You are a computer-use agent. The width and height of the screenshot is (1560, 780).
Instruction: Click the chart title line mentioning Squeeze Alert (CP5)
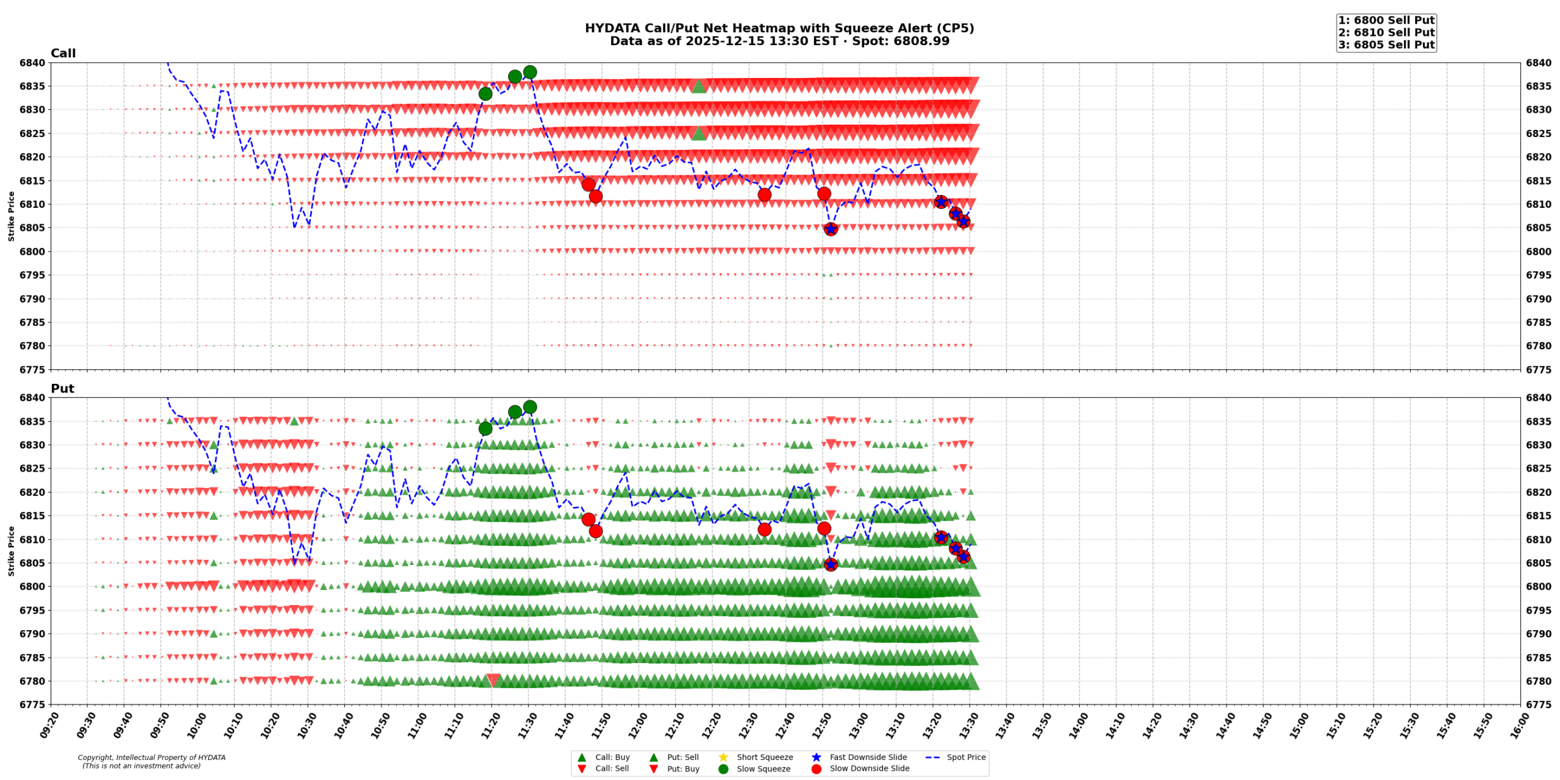click(x=779, y=28)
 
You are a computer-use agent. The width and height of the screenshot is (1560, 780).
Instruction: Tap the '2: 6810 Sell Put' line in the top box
click(x=1386, y=32)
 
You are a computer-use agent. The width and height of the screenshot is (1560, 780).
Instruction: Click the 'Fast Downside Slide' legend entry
click(x=868, y=757)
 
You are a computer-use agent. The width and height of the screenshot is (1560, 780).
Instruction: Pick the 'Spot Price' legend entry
click(x=965, y=757)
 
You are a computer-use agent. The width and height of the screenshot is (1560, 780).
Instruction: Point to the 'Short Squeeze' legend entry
click(x=764, y=757)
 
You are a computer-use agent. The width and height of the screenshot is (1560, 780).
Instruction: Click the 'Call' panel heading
click(x=63, y=53)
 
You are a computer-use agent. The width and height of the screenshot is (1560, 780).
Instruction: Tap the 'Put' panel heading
click(x=62, y=388)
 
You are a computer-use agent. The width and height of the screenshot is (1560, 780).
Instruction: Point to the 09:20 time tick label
click(x=48, y=725)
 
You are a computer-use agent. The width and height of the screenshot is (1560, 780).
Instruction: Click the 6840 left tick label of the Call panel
click(x=32, y=63)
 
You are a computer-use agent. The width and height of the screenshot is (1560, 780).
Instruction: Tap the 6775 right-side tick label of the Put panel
click(x=1538, y=704)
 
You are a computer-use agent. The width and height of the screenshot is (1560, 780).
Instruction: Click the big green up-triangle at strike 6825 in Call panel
click(x=699, y=133)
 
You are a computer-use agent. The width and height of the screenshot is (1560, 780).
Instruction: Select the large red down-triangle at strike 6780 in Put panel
click(x=493, y=680)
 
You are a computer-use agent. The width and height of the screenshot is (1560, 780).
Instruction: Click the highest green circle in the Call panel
click(x=530, y=72)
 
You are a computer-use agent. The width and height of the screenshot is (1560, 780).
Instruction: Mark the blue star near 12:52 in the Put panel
click(x=831, y=564)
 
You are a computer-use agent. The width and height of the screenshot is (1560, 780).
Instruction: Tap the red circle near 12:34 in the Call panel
click(x=764, y=194)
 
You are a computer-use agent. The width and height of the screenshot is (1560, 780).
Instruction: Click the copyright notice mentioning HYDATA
click(x=151, y=761)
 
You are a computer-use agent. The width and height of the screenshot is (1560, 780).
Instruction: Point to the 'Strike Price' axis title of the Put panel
click(x=11, y=551)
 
